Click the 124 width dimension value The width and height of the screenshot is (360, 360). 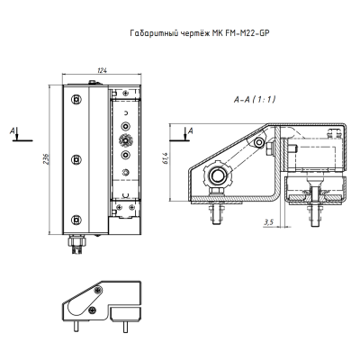(x=101, y=72)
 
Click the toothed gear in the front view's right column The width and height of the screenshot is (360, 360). (x=126, y=141)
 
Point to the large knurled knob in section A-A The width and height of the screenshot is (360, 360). (x=215, y=173)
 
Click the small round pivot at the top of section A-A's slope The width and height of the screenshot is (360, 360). (x=259, y=143)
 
